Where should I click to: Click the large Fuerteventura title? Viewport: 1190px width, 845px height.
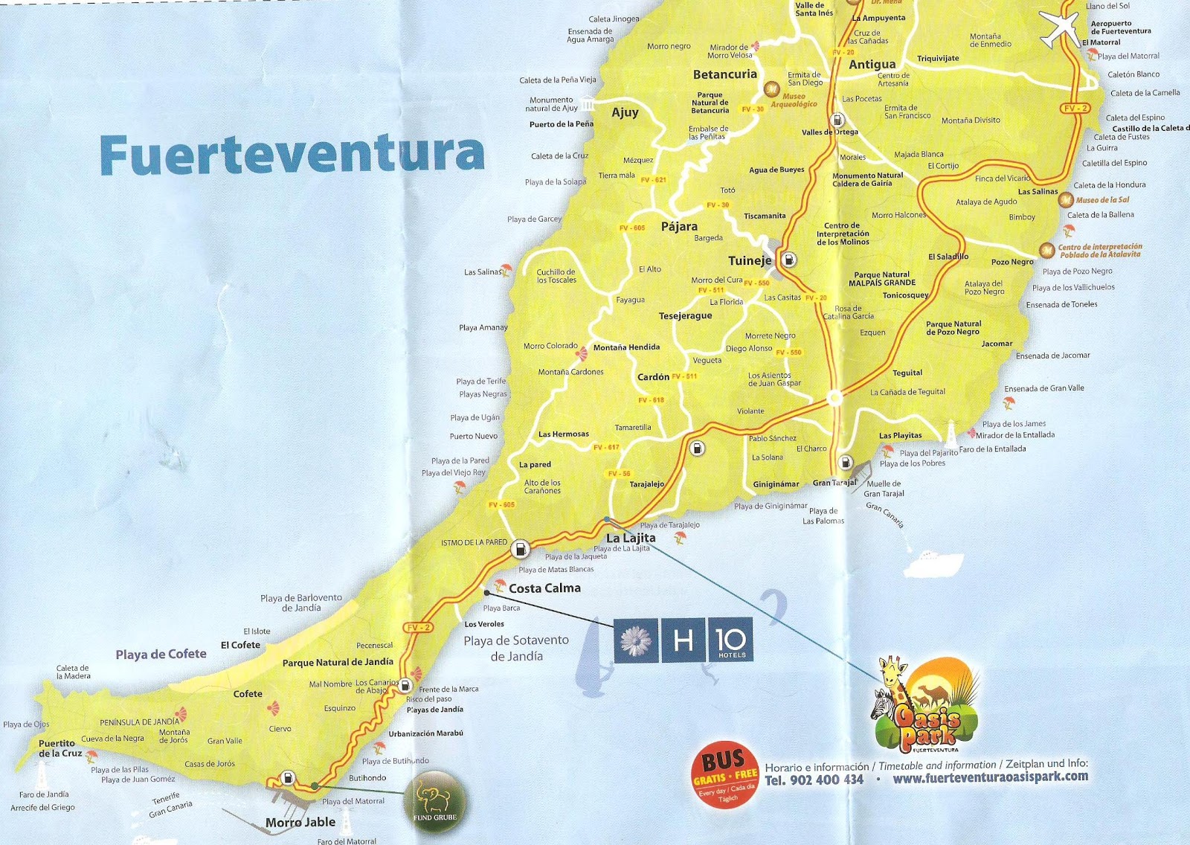292,154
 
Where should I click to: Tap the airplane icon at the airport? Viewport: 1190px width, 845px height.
1059,28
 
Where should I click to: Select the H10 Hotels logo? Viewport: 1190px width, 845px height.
683,640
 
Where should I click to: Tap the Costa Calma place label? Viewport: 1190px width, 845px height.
544,588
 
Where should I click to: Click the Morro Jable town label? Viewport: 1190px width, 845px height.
300,822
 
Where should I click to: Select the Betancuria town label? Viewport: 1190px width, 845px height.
724,74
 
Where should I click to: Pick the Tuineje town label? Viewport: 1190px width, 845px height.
750,260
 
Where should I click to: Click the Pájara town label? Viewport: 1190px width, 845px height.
679,227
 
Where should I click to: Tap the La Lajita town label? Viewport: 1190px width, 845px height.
631,538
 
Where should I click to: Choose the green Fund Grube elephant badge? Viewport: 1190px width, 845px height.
435,802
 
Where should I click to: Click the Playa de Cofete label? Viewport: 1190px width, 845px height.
161,655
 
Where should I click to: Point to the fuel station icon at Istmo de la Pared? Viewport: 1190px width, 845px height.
520,547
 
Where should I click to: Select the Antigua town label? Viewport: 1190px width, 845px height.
872,65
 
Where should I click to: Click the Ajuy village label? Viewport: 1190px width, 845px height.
625,112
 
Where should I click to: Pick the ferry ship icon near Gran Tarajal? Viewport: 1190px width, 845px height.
931,556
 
